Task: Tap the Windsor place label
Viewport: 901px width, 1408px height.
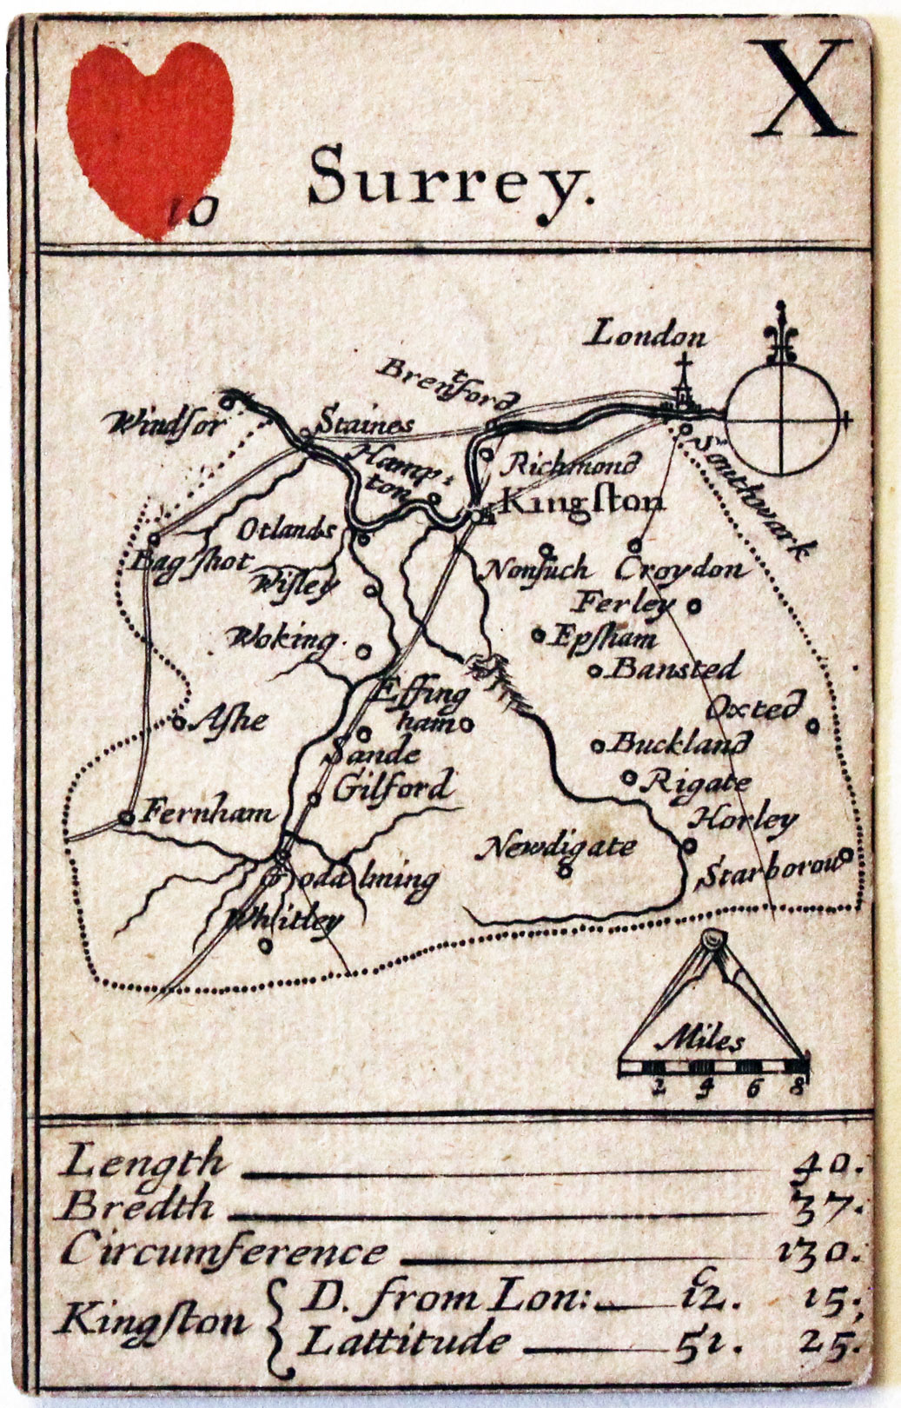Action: pos(165,424)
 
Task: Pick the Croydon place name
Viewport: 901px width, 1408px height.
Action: pos(681,570)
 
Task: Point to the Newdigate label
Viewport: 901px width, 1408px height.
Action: pos(560,847)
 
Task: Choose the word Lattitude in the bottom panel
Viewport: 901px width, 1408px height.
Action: pos(404,1340)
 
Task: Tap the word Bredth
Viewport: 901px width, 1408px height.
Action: pos(139,1205)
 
